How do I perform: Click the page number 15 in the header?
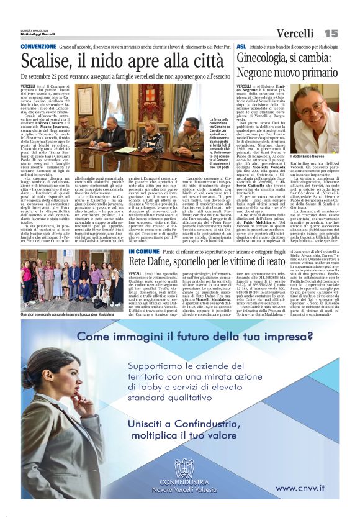(x=331, y=33)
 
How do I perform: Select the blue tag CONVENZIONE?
(x=38, y=47)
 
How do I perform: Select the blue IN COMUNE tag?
(x=145, y=251)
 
